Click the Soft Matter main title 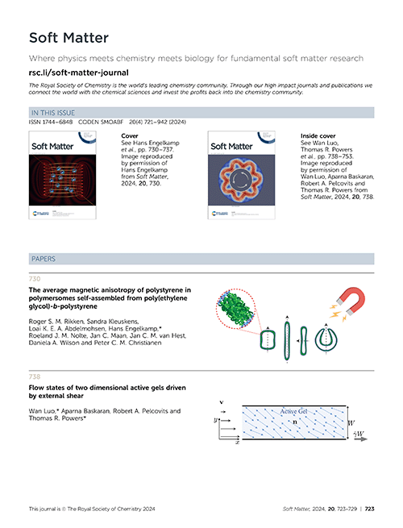pos(69,38)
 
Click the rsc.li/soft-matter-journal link pos(78,73)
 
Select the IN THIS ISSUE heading pos(53,113)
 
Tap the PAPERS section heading pos(44,259)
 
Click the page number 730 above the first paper pos(35,279)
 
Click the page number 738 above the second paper pos(35,376)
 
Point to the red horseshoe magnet pos(351,300)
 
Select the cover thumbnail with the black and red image pos(62,175)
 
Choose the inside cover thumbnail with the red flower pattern pos(241,175)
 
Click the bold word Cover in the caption pos(130,136)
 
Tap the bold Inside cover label pos(318,136)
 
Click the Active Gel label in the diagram pos(293,411)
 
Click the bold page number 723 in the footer pos(370,509)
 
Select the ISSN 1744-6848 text pos(51,122)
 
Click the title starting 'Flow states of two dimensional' pos(107,392)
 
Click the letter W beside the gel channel pos(351,423)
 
